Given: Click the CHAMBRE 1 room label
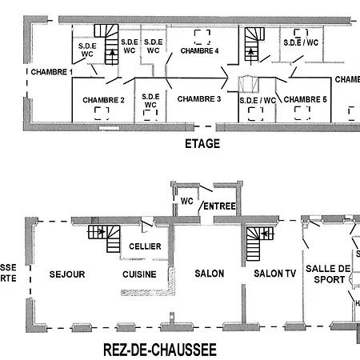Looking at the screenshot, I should coord(52,72).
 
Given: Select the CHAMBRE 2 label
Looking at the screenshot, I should coord(103,100).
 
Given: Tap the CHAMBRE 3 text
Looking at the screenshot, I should coord(198,98).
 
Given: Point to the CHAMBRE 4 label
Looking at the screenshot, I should coord(199,50).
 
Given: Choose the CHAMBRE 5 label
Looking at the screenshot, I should coord(306,99).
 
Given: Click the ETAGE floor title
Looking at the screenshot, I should coord(202,144).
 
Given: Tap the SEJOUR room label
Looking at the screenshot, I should coord(66,274).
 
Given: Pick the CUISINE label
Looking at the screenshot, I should coord(139,274).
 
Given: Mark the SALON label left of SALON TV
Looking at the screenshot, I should coord(210,274).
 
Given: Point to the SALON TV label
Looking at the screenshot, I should coord(274,274).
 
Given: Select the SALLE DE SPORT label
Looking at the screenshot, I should coord(328,274).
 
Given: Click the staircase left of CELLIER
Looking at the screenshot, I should coord(104,238).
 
